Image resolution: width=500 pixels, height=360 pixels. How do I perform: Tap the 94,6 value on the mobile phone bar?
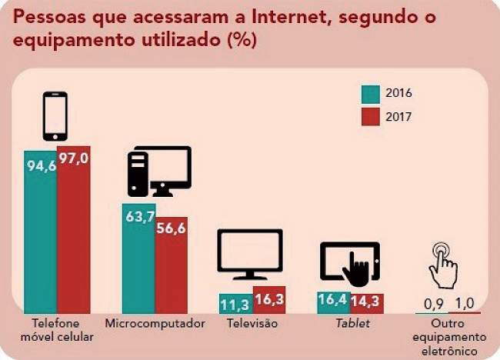click(x=40, y=165)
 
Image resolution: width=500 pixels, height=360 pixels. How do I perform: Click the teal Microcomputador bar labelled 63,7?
click(x=138, y=258)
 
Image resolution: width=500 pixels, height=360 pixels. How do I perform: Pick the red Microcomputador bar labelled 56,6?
click(x=171, y=265)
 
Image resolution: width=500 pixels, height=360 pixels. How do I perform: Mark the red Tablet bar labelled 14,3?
click(x=366, y=303)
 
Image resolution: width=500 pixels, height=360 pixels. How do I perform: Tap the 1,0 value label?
click(x=465, y=302)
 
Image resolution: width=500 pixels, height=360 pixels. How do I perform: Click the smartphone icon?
click(x=55, y=117)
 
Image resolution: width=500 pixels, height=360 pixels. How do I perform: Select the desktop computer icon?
click(x=158, y=171)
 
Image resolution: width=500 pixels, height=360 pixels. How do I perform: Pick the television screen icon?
click(x=250, y=254)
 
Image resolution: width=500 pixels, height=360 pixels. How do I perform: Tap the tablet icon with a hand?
click(x=351, y=264)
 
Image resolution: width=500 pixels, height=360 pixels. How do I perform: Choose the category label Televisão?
click(x=252, y=324)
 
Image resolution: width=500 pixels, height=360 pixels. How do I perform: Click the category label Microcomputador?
click(x=155, y=324)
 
